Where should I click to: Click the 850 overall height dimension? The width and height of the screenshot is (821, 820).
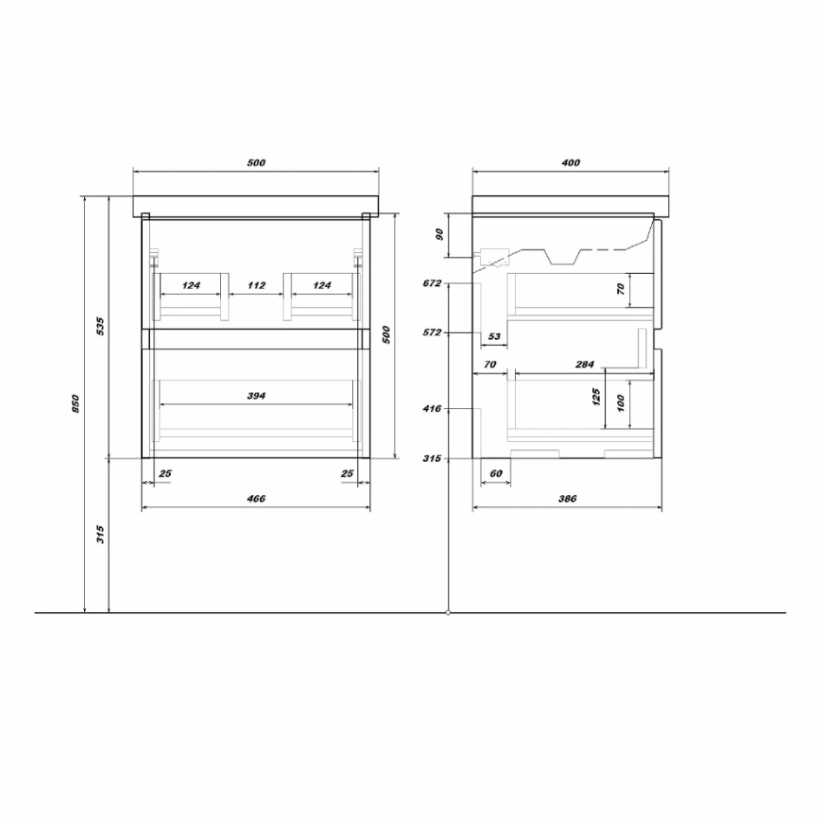75,404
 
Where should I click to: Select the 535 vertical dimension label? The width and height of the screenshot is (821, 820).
101,326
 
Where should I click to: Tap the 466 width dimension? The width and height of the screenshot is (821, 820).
256,498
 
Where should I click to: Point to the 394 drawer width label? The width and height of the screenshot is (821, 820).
256,396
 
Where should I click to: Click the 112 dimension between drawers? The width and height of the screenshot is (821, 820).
257,285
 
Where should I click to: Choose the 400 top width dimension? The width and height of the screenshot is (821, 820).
570,163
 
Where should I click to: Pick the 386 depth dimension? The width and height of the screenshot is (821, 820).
568,498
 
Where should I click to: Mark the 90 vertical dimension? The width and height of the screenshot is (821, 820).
440,234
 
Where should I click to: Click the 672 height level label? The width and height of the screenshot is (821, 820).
432,283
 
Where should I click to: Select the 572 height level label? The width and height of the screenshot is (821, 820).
432,333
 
